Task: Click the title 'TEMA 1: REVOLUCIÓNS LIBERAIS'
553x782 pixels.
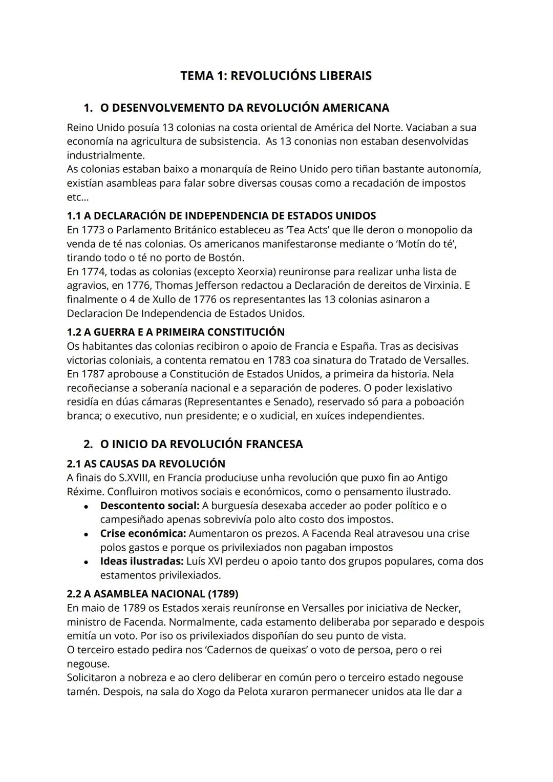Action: pyautogui.click(x=275, y=76)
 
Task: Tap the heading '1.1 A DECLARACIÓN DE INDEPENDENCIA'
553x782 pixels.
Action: pyautogui.click(x=221, y=215)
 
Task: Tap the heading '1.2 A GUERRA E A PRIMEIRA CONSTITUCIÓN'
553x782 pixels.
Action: pyautogui.click(x=176, y=332)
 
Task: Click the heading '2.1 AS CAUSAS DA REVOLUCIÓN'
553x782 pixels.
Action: pyautogui.click(x=146, y=464)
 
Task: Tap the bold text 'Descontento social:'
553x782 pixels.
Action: pyautogui.click(x=150, y=506)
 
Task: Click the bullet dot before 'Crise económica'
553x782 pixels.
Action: pyautogui.click(x=88, y=534)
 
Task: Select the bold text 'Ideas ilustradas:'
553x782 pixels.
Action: pyautogui.click(x=142, y=561)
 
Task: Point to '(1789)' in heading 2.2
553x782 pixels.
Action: pyautogui.click(x=223, y=594)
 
